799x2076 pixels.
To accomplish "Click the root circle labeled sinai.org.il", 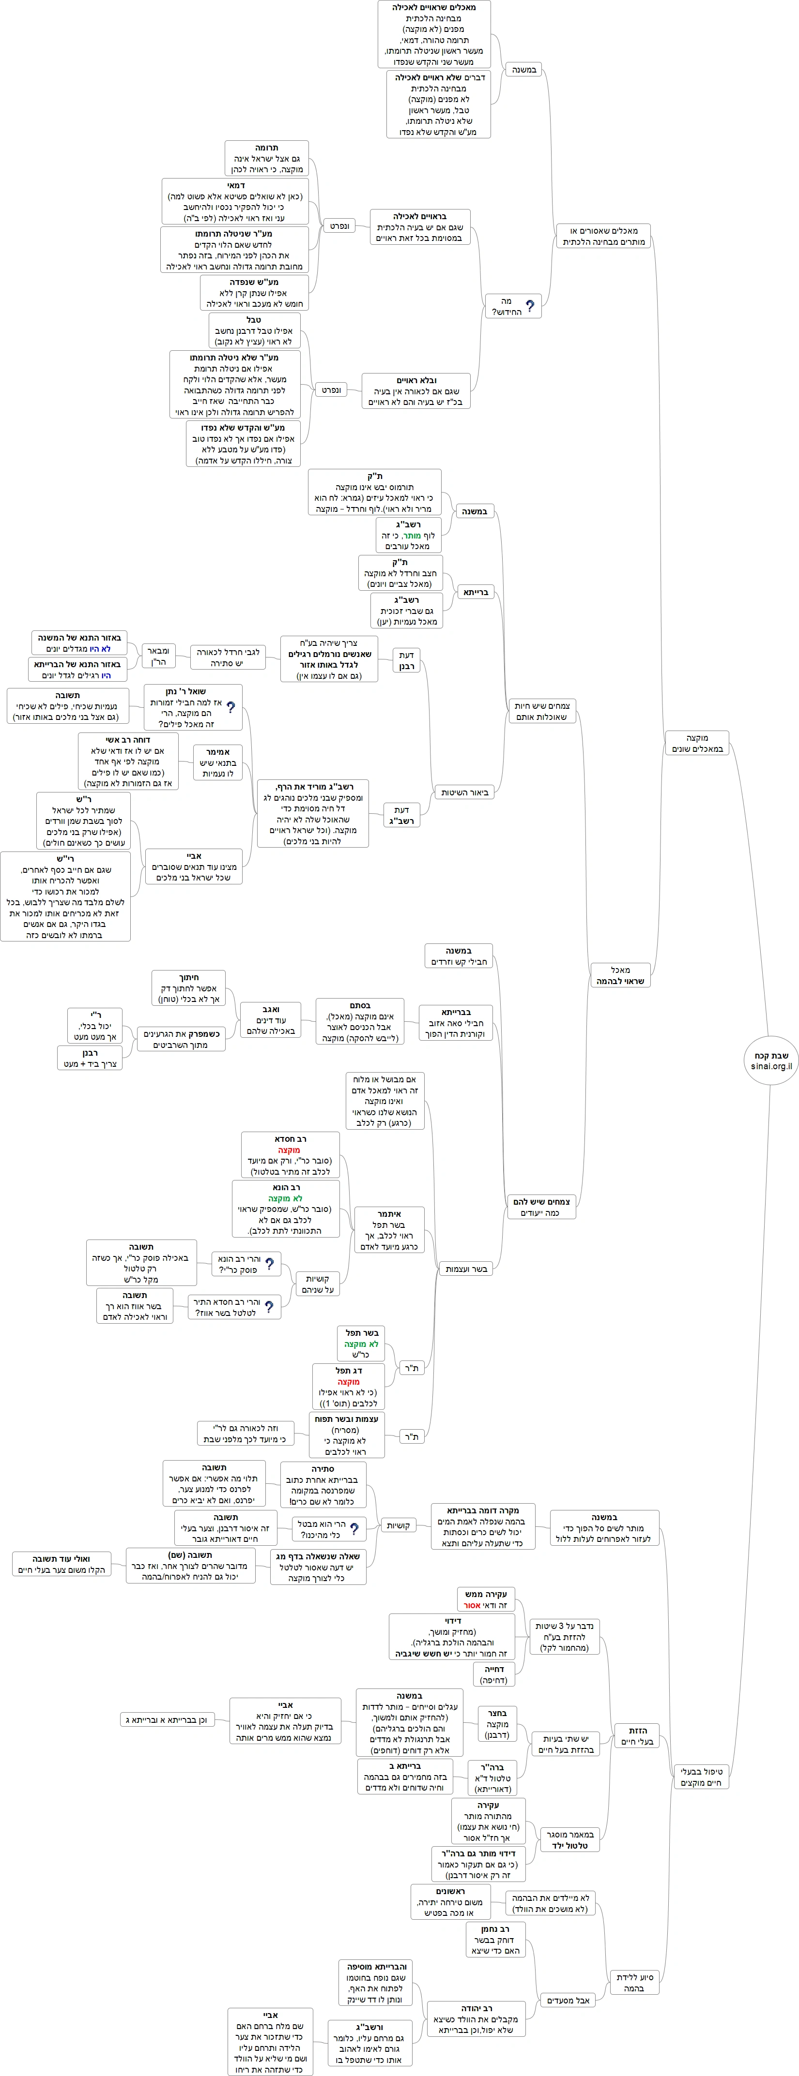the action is coord(771,1060).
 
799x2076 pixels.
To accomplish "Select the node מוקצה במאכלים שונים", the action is coord(697,743).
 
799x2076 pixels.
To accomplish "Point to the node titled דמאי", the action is coord(235,201).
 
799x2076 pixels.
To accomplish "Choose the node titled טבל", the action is coord(254,330).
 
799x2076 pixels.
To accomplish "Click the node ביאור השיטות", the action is coord(464,792).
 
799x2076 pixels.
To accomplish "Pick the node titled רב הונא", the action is coord(286,1209).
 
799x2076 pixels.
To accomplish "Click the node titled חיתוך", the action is coord(189,988).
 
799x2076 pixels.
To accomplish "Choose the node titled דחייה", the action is coord(493,1674).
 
